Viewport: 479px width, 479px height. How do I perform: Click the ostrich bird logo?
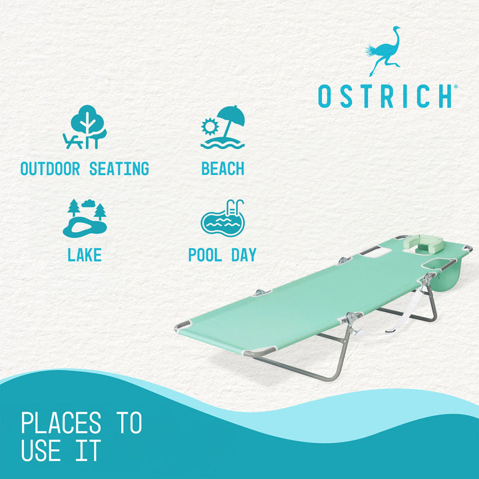[x=382, y=51]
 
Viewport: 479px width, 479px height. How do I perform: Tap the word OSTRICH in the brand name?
[x=385, y=96]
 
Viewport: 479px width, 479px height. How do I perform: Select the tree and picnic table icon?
[x=84, y=128]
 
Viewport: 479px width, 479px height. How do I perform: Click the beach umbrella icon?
[x=223, y=128]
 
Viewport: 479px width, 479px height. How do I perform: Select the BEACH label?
[x=223, y=168]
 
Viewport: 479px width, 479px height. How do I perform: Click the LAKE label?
[x=84, y=255]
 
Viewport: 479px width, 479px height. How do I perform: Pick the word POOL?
[x=205, y=255]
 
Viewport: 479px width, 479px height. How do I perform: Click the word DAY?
[x=243, y=255]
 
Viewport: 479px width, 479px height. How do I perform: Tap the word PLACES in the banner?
[x=61, y=423]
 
